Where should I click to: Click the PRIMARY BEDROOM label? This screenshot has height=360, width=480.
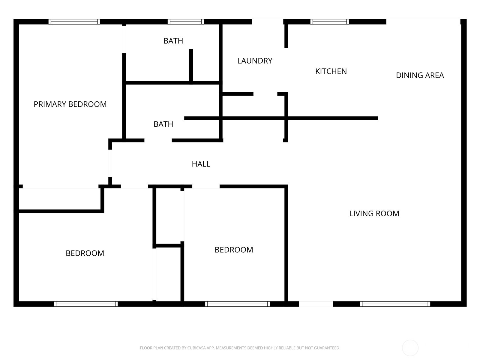pos(70,104)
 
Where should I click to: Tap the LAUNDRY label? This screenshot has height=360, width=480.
pos(255,61)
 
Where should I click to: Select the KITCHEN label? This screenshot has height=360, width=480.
pos(331,71)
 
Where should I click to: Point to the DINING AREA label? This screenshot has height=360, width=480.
pos(420,75)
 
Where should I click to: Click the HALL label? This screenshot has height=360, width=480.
pos(201,164)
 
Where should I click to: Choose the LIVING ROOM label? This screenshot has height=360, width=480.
pos(374,214)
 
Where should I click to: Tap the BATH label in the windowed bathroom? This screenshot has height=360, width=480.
pos(173,41)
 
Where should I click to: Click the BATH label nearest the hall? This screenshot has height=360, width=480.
pos(163,124)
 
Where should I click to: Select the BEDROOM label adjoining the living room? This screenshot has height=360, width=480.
pos(234,250)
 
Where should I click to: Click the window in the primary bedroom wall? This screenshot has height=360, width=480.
pos(74,22)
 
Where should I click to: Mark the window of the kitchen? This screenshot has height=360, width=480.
pos(329,22)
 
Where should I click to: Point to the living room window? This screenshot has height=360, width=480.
pos(395,304)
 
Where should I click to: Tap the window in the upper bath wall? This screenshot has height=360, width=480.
pos(186,22)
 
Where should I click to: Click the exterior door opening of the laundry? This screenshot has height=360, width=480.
pos(268,22)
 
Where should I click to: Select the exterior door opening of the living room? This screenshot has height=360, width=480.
pos(316,304)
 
